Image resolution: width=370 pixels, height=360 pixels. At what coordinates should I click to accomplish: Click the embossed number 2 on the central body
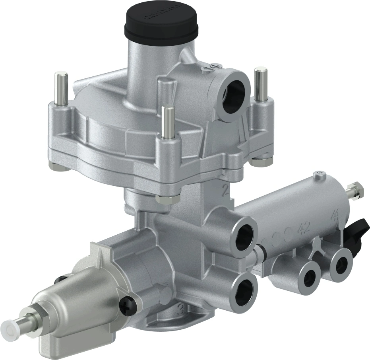[x=225, y=192]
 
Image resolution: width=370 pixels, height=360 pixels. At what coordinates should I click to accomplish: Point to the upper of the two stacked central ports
[x=243, y=235]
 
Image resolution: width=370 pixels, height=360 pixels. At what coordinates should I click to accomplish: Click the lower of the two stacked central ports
[x=243, y=289]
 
